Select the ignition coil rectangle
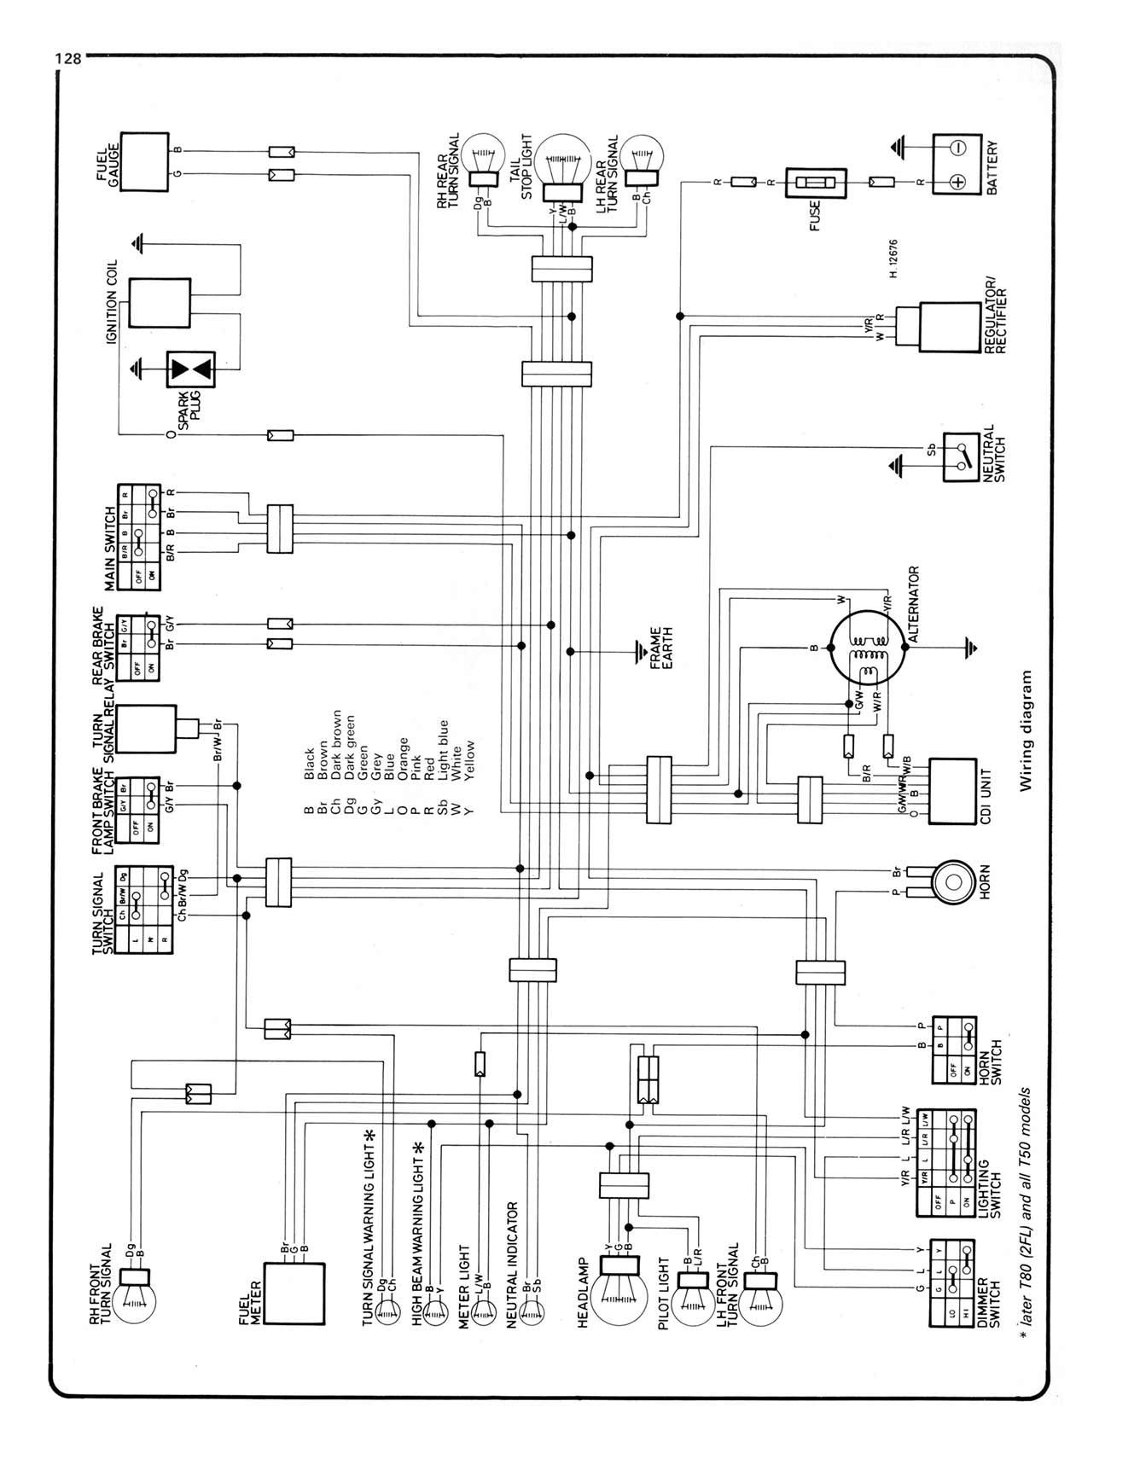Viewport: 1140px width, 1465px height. [160, 304]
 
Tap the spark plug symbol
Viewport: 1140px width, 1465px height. [191, 369]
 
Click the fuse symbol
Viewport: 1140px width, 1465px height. [816, 182]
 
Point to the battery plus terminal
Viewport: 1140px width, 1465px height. [957, 182]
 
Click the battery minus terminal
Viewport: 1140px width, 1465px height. [957, 148]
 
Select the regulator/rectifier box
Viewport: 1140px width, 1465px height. [949, 327]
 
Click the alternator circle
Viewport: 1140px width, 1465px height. [868, 648]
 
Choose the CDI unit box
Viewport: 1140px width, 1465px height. [951, 791]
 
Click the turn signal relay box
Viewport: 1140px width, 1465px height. [146, 729]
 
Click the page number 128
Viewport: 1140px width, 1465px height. [67, 59]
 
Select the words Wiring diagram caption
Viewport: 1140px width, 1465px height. [1026, 731]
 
